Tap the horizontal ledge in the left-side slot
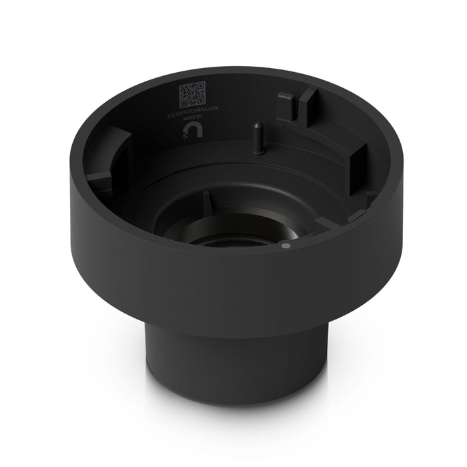point(99,176)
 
